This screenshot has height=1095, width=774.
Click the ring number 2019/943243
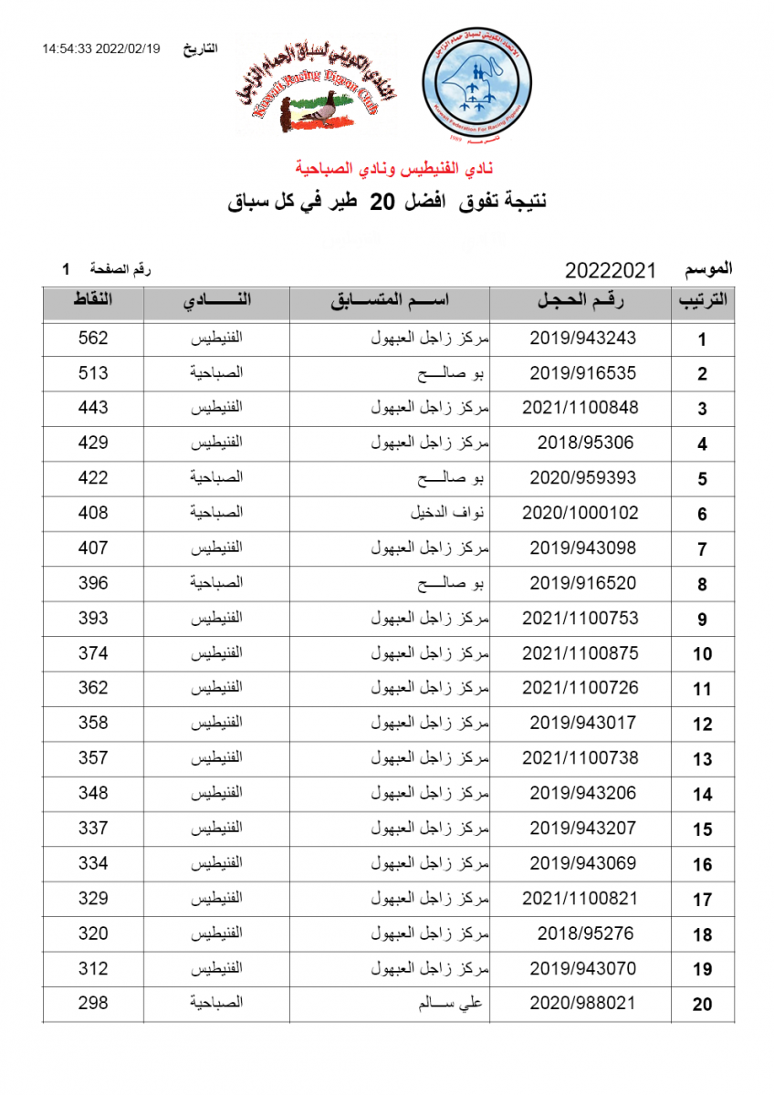coord(582,338)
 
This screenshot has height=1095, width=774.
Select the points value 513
coord(93,373)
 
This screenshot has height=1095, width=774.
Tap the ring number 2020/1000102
coord(580,513)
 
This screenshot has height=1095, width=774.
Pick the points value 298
coord(93,1003)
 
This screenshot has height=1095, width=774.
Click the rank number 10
coord(702,653)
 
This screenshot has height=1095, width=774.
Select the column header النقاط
coord(93,300)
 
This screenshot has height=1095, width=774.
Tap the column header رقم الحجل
coord(582,300)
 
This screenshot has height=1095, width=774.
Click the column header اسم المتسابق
coord(391,300)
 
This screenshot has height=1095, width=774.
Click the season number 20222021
coord(611,271)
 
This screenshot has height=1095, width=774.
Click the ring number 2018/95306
coord(582,443)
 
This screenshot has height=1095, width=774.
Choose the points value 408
coord(93,513)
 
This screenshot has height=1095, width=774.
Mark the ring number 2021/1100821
coord(580,898)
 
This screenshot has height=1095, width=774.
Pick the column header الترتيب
coord(702,302)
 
